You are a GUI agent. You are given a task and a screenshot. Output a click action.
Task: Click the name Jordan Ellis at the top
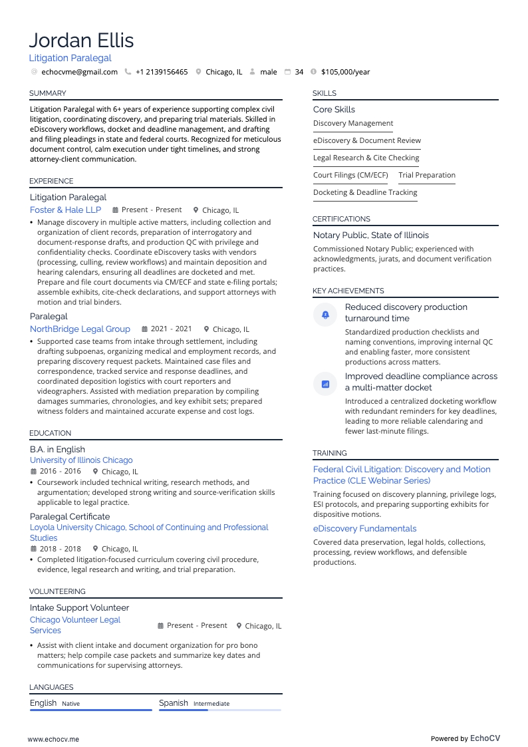(x=82, y=41)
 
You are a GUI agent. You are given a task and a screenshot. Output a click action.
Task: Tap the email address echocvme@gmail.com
(x=79, y=72)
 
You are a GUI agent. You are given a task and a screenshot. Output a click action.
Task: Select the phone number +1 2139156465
(x=162, y=72)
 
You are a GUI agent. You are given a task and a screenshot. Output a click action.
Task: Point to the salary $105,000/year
(x=345, y=72)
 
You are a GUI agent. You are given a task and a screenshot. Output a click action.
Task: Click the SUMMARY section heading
(x=48, y=93)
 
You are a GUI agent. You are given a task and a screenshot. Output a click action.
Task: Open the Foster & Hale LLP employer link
(x=65, y=210)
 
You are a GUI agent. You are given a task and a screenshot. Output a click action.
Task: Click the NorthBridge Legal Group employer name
(x=80, y=329)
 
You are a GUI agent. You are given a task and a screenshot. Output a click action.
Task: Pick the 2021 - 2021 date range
(x=171, y=329)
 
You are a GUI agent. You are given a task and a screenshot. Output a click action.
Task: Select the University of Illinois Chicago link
(x=81, y=460)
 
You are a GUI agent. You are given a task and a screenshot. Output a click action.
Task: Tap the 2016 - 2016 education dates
(x=60, y=472)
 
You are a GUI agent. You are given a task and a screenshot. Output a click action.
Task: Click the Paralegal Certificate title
(x=70, y=516)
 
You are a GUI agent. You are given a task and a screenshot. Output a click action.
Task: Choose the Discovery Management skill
(x=353, y=123)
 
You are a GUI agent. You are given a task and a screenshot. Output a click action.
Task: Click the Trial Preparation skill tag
(x=427, y=175)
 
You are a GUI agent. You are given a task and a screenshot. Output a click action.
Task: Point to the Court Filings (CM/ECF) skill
(x=350, y=175)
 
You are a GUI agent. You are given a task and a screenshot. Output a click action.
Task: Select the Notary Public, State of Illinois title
(x=371, y=235)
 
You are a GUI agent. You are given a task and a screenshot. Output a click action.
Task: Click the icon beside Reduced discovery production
(x=325, y=314)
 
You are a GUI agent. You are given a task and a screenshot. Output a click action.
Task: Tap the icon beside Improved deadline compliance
(x=325, y=384)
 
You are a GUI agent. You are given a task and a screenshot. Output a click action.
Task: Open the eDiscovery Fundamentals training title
(x=364, y=528)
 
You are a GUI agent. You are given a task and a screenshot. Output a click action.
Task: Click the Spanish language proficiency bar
(x=219, y=710)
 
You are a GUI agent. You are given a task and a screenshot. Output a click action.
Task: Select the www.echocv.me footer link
(x=53, y=738)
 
